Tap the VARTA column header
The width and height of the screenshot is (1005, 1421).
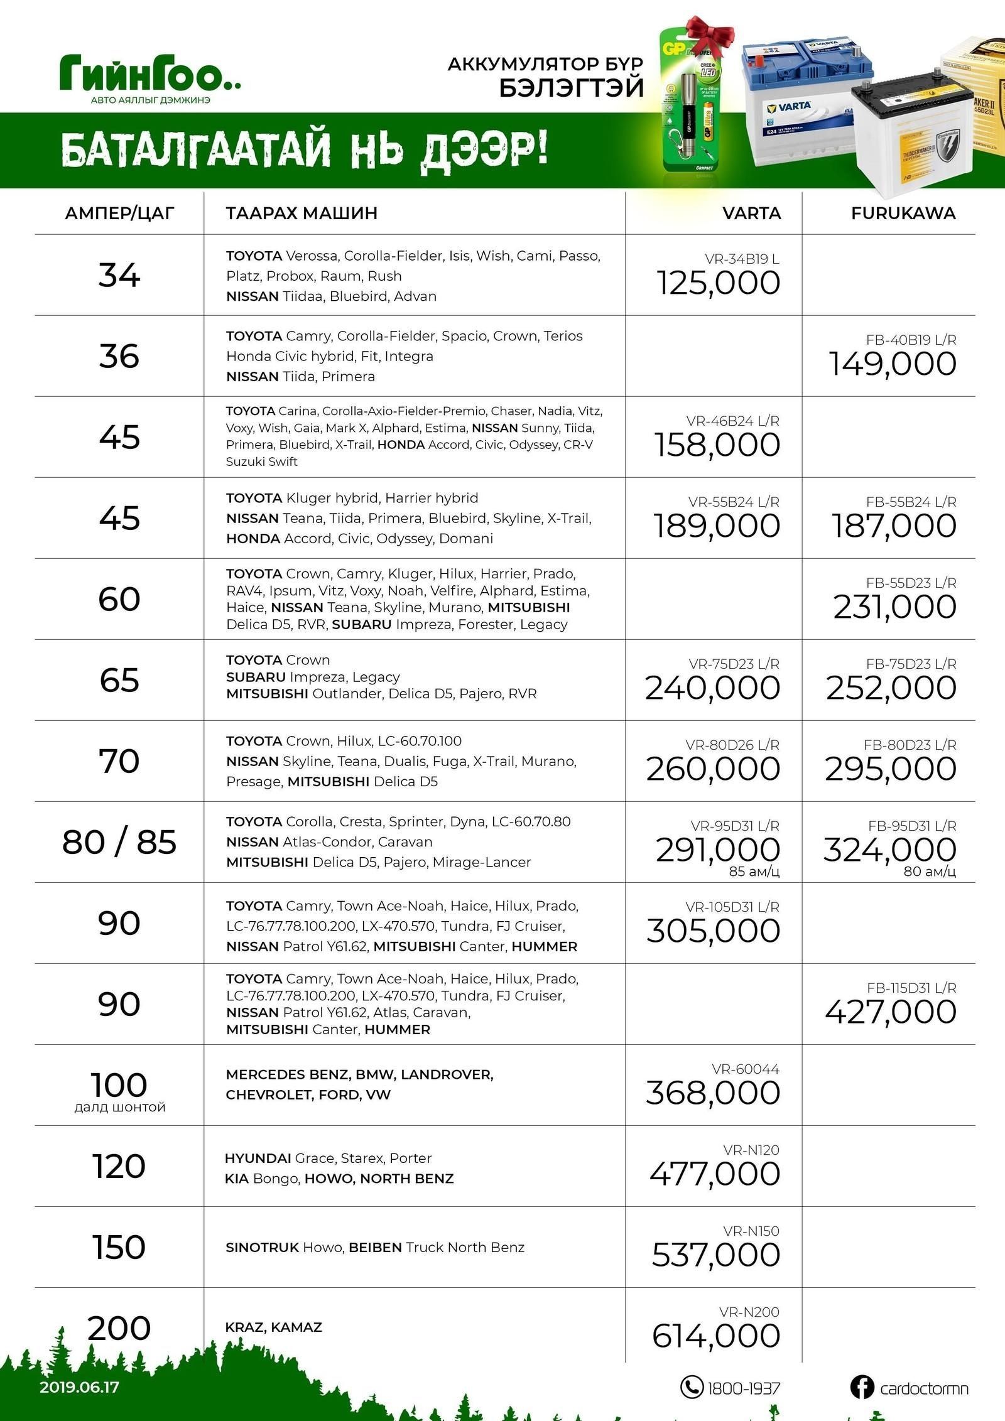[x=751, y=213]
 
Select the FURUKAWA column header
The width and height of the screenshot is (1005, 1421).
[x=903, y=213]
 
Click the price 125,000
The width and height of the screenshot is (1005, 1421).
[x=718, y=283]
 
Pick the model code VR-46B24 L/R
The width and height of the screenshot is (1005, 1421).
[x=732, y=421]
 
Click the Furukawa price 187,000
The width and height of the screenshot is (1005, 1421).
[x=894, y=526]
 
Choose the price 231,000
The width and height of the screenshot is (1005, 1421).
[x=894, y=607]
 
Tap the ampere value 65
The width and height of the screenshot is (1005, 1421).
[x=119, y=680]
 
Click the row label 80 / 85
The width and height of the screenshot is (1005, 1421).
[x=119, y=842]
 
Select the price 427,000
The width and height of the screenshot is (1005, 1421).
[x=891, y=1012]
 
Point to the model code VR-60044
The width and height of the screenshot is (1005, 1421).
[x=745, y=1069]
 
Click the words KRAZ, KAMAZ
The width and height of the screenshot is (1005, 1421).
[x=273, y=1327]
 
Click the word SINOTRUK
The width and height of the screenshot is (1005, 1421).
[x=262, y=1247]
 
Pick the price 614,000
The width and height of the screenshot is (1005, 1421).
[x=715, y=1336]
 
